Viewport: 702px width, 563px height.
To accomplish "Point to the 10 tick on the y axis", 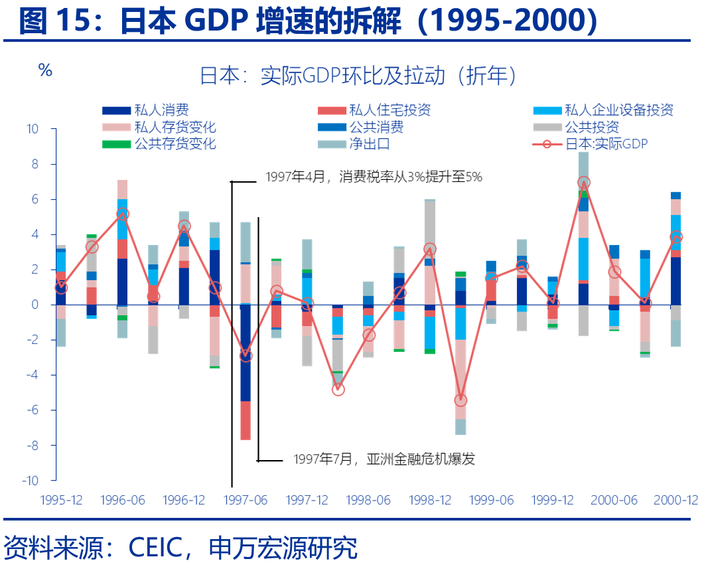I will (x=33, y=129).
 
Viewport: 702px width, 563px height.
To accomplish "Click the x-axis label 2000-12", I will (x=675, y=500).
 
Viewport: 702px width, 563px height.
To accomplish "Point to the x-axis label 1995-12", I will (x=62, y=500).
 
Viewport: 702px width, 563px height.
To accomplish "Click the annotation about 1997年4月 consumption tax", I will (x=374, y=177).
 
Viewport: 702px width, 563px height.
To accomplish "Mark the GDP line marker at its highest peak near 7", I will (x=584, y=182).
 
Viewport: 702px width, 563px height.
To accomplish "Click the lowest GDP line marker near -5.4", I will (x=460, y=400).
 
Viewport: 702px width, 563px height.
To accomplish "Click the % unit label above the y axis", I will (x=45, y=70).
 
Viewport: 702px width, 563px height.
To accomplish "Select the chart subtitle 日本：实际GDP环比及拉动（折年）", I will (x=358, y=76).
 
